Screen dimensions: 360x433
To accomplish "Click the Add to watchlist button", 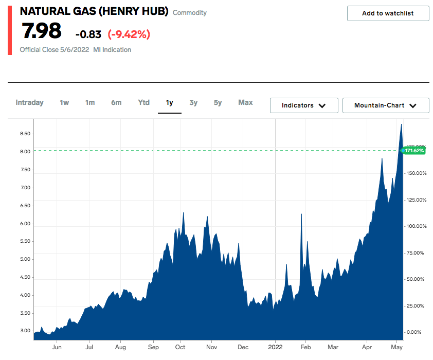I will click(x=388, y=13).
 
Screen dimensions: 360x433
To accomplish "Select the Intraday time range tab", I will click(x=29, y=102).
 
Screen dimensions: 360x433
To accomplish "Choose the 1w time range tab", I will click(x=64, y=102).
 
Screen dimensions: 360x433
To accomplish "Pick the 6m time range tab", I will click(x=116, y=102).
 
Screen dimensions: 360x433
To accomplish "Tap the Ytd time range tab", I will click(x=144, y=102).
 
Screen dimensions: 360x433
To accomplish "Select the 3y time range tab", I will click(x=193, y=102).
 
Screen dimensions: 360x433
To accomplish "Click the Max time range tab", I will click(x=245, y=102).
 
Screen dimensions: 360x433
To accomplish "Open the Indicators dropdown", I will click(x=304, y=105).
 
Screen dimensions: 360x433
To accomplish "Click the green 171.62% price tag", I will click(x=414, y=151).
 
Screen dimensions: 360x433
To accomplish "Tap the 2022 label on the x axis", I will click(x=275, y=347).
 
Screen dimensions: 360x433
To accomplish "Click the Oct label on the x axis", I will click(x=180, y=347).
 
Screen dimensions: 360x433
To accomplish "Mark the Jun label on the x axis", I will click(x=57, y=347).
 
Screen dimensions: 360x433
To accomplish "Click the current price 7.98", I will click(x=42, y=32).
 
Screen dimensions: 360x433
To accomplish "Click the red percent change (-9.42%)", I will click(x=129, y=34).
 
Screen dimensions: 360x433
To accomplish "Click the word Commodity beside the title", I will click(x=190, y=12).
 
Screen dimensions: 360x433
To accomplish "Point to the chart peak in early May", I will click(x=401, y=124).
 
